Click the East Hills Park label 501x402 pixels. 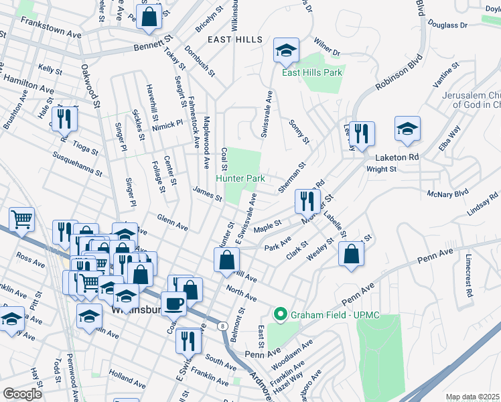point(312,72)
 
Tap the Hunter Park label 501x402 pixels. point(240,179)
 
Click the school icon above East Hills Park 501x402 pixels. point(286,50)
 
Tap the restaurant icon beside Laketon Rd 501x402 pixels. point(362,135)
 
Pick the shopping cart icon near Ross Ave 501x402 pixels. point(21,219)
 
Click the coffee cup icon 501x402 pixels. point(173,304)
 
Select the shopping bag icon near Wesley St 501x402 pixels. point(351,255)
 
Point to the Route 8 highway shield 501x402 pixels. point(221,326)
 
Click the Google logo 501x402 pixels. point(22,394)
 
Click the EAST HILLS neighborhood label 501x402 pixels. point(235,40)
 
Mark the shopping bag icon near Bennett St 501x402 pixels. point(149,16)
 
